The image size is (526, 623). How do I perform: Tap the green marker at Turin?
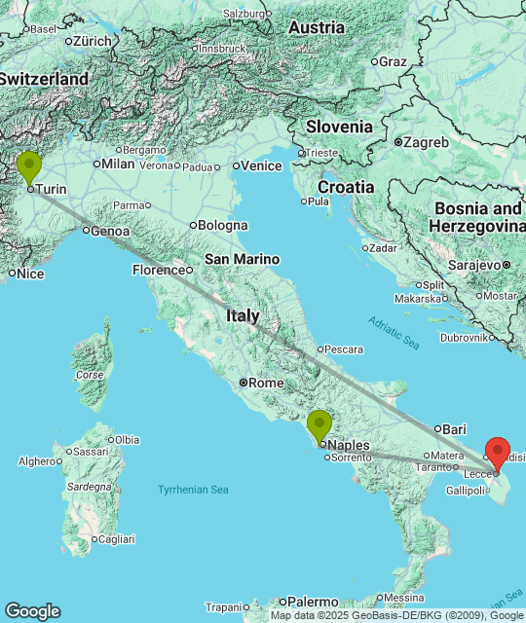click(29, 167)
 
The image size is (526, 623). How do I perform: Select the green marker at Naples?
click(319, 425)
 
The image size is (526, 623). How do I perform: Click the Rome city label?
click(265, 383)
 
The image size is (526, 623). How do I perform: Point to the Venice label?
click(261, 165)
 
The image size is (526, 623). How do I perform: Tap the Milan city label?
click(118, 164)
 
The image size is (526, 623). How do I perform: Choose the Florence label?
click(159, 270)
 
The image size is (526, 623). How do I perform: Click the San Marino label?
click(242, 259)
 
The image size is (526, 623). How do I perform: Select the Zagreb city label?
click(428, 142)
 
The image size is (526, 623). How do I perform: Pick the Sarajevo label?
click(473, 264)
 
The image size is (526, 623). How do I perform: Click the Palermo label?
click(313, 602)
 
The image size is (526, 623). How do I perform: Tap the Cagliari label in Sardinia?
click(116, 538)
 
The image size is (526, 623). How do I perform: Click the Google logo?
click(32, 610)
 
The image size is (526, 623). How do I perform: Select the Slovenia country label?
click(339, 127)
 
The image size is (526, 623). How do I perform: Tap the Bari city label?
click(454, 428)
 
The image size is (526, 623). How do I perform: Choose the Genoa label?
click(109, 231)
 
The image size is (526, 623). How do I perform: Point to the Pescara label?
click(343, 348)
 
